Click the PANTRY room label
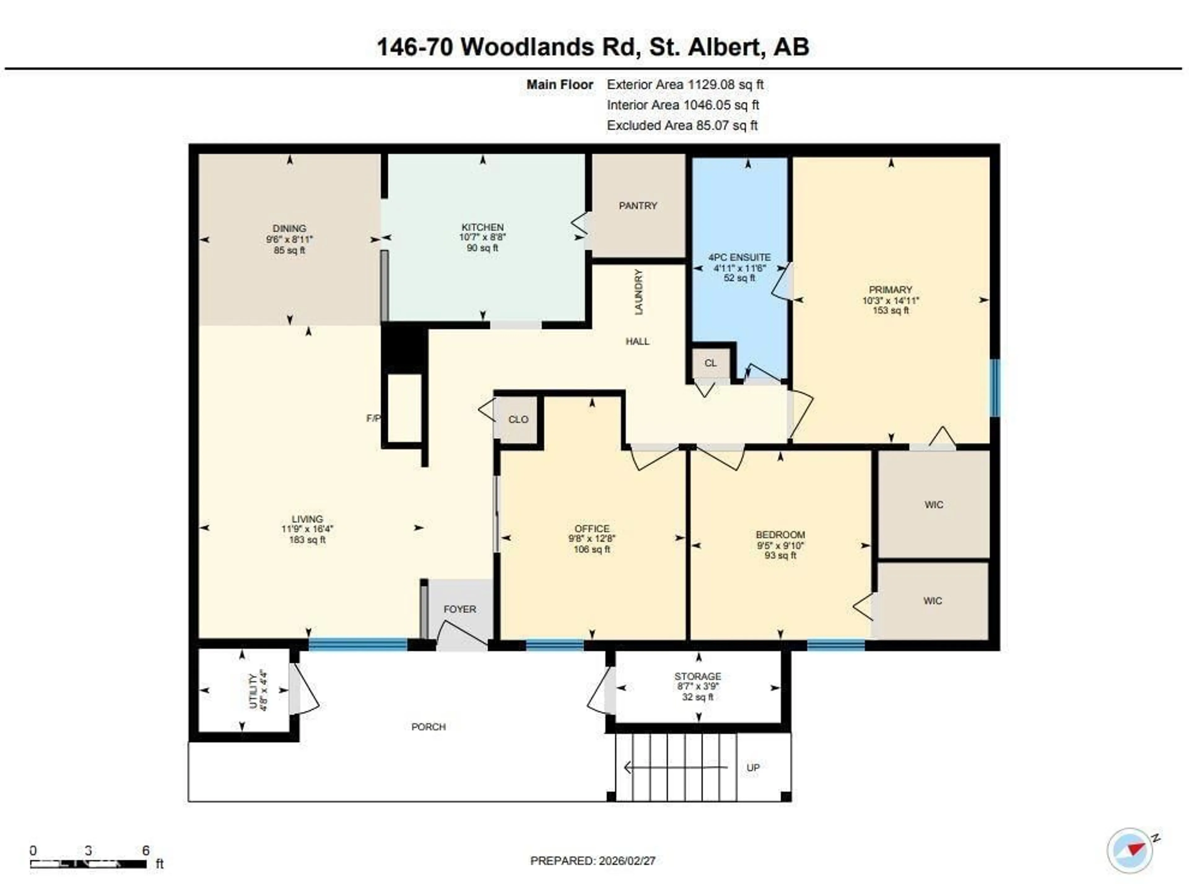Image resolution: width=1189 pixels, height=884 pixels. (x=637, y=206)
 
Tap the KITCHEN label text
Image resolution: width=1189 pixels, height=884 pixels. (x=482, y=227)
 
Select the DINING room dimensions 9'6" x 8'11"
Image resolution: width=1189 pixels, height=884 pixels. (x=290, y=239)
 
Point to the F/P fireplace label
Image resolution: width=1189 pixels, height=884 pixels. (x=373, y=418)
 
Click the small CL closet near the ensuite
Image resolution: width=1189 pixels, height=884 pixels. (x=710, y=363)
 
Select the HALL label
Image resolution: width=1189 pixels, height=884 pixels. (x=637, y=342)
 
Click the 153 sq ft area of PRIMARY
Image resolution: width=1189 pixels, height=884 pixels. (x=891, y=310)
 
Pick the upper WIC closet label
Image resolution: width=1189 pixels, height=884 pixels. (x=934, y=505)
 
